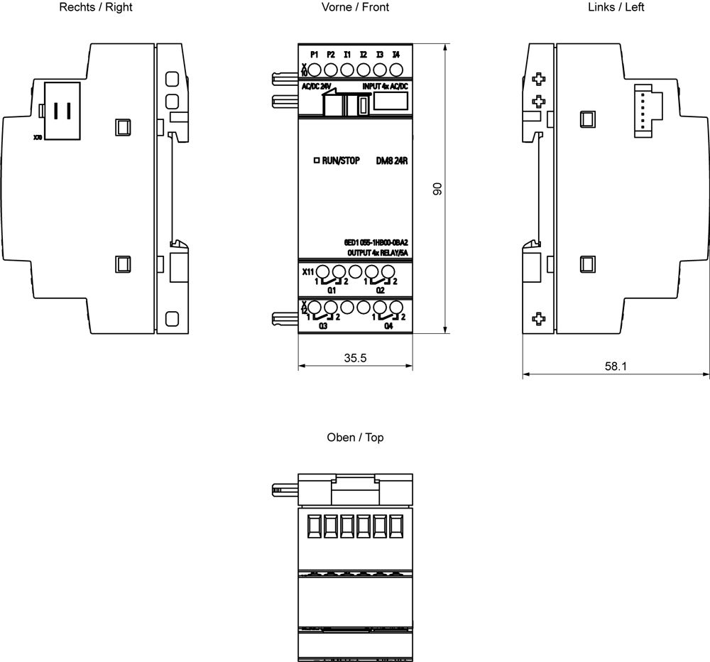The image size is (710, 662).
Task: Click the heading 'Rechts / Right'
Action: pyautogui.click(x=97, y=8)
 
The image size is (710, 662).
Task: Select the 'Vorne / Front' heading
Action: pyautogui.click(x=355, y=8)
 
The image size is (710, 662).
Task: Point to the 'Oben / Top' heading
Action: pyautogui.click(x=355, y=438)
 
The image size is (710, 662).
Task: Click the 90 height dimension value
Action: pyautogui.click(x=438, y=188)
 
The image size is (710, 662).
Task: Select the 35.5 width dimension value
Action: pyautogui.click(x=355, y=358)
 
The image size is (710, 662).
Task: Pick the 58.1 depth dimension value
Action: pyautogui.click(x=616, y=367)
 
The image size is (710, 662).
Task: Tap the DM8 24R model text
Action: pyautogui.click(x=391, y=161)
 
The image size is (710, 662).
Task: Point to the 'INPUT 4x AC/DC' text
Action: pyautogui.click(x=386, y=86)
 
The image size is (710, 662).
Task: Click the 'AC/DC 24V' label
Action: pyautogui.click(x=317, y=86)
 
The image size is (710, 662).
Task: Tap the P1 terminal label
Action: pyautogui.click(x=315, y=55)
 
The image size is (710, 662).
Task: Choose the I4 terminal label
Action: pyautogui.click(x=396, y=55)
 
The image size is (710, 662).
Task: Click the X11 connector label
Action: pyautogui.click(x=308, y=272)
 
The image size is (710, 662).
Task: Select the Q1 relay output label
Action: pyautogui.click(x=332, y=291)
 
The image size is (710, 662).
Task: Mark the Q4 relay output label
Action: pyautogui.click(x=388, y=326)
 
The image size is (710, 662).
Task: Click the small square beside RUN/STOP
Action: pyautogui.click(x=316, y=161)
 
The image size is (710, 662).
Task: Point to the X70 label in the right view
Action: pyautogui.click(x=38, y=137)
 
